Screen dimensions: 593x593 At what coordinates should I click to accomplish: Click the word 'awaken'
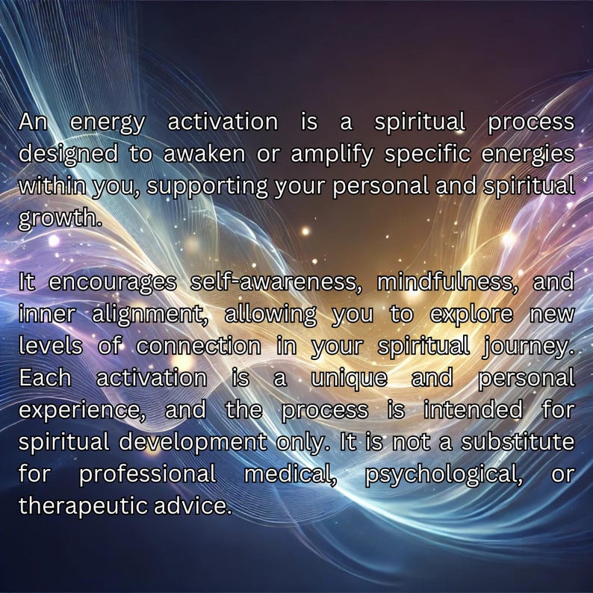coord(210,153)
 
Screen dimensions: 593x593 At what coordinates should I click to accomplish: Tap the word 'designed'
coord(68,153)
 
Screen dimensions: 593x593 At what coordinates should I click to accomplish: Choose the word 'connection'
coord(199,347)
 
